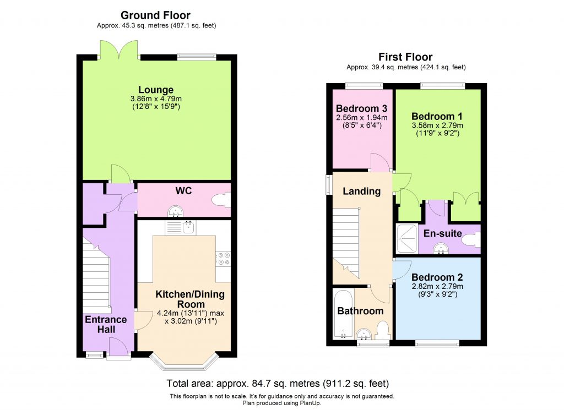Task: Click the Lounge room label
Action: click(x=156, y=90)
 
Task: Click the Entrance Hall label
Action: click(x=105, y=324)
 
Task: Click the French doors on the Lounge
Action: click(x=118, y=50)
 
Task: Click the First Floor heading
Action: click(x=405, y=57)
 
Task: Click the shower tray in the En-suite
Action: click(x=406, y=240)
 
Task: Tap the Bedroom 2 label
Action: click(x=437, y=277)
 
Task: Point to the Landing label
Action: click(x=361, y=192)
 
